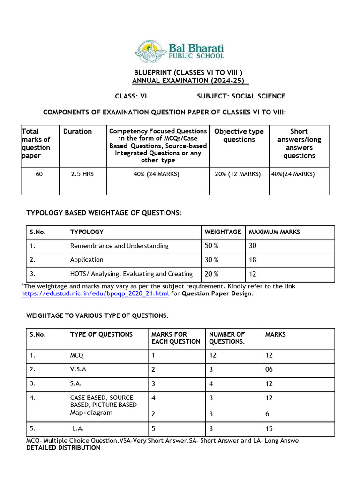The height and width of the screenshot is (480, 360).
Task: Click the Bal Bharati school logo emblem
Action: coord(152,51)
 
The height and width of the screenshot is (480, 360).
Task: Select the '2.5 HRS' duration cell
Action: coord(82,174)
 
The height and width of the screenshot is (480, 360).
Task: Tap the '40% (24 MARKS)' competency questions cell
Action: coord(157,174)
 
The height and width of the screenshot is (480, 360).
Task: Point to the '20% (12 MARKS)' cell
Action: coord(239,174)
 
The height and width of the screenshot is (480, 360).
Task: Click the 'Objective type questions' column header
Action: coord(239,135)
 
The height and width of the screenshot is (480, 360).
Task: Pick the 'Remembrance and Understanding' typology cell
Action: coord(119,246)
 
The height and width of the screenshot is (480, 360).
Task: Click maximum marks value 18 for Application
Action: coord(253,260)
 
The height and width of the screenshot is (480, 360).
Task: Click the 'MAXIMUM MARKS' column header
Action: coord(274,232)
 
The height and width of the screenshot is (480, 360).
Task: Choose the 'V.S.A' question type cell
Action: coord(78,369)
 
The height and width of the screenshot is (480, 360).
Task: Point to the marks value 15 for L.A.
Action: coord(270,428)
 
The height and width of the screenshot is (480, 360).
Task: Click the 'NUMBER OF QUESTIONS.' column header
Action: coord(227,337)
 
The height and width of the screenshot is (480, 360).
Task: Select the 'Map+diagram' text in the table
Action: coord(91,413)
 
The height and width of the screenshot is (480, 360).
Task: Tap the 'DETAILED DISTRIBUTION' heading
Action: coord(63,448)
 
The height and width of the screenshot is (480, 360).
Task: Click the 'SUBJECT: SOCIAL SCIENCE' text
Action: coord(240,96)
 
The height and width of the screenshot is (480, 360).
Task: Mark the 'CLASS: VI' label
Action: coord(131,96)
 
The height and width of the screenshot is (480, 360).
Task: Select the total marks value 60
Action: coord(40,174)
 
